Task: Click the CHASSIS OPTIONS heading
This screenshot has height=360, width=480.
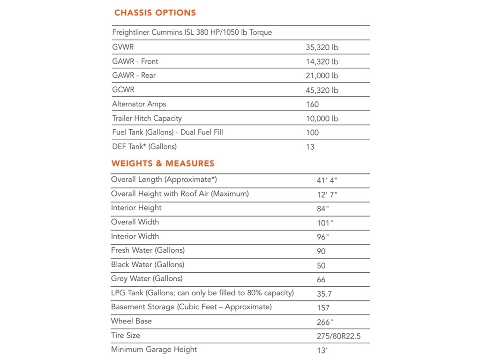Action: (155, 13)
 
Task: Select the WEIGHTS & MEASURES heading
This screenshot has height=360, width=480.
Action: (163, 164)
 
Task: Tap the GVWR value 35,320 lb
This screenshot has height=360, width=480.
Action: (322, 47)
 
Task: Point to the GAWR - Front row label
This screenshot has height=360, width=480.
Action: (135, 61)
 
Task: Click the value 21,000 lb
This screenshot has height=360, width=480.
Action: (322, 76)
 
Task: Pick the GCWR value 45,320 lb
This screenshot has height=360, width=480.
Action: (322, 90)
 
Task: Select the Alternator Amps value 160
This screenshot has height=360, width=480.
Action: (312, 104)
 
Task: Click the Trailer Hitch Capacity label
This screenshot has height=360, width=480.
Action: (147, 118)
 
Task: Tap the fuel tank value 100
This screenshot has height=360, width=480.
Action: (312, 133)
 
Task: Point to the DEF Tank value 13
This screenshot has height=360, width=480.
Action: (310, 147)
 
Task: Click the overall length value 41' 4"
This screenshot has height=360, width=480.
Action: (327, 180)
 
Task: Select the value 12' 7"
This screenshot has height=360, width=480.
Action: (327, 194)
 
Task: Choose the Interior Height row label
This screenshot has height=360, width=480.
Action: (136, 208)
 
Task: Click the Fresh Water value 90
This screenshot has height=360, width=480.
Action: (321, 251)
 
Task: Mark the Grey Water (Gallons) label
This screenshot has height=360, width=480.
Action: (147, 278)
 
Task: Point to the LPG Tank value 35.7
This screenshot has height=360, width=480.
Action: (324, 293)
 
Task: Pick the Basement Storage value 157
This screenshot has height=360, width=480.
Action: (323, 308)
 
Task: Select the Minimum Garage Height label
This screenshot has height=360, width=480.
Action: (154, 349)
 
